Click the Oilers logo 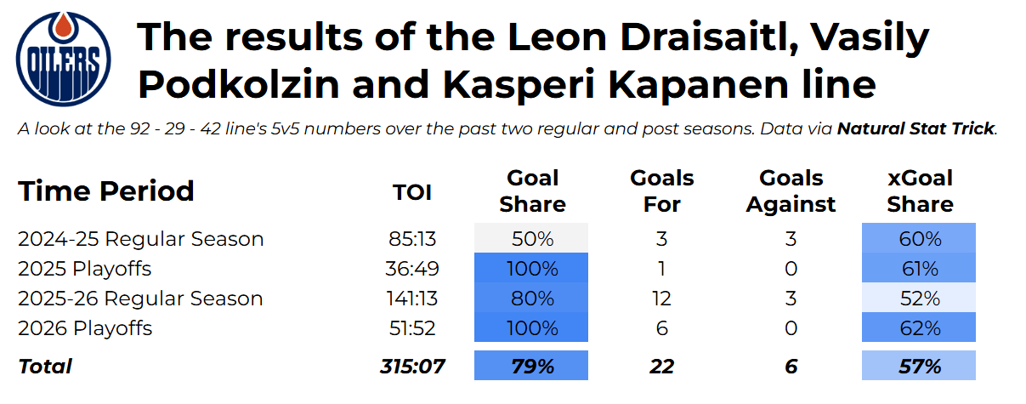point(63,59)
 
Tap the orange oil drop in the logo point(63,26)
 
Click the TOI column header point(412,192)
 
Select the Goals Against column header point(791,191)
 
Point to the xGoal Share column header point(920,191)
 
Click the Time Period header point(105,191)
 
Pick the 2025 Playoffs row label point(85,269)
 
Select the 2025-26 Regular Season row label point(140,299)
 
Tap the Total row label point(45,367)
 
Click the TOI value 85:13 point(412,239)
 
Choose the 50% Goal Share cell point(531,238)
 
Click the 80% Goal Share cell point(531,298)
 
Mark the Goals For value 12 point(662,299)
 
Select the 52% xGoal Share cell point(919,298)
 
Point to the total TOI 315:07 point(412,367)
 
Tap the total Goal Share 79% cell point(531,365)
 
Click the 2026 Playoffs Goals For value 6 point(662,328)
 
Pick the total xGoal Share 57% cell point(919,365)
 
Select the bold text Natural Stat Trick point(916,128)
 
